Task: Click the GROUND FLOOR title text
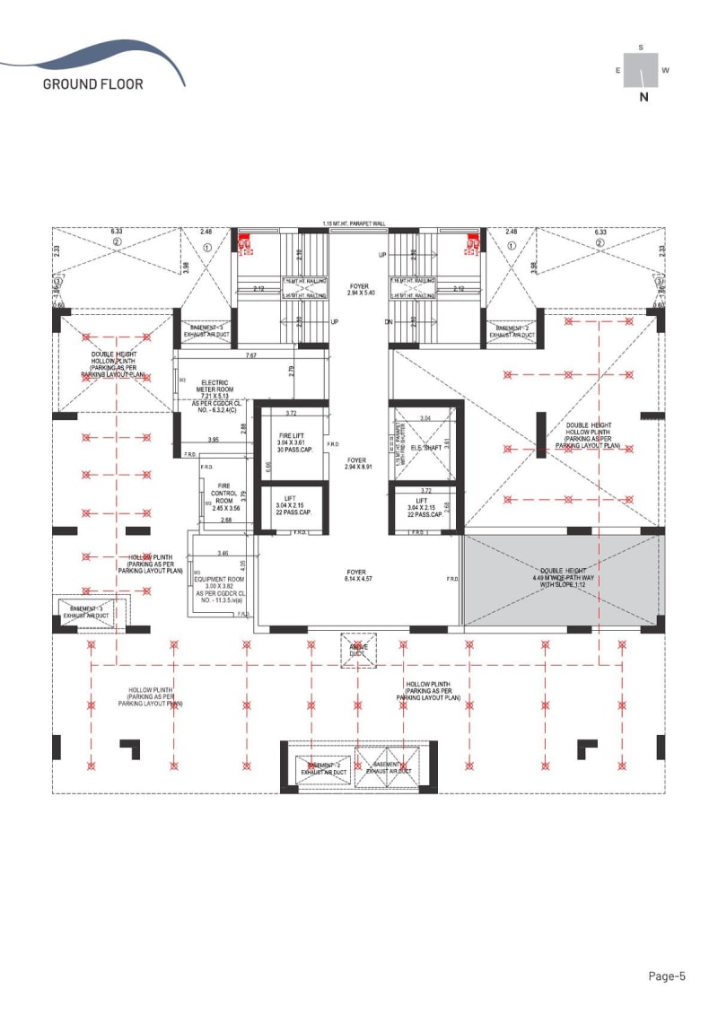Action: click(92, 84)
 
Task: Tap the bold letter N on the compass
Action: click(644, 99)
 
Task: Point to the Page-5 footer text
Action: click(667, 976)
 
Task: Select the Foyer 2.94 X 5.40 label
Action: click(359, 290)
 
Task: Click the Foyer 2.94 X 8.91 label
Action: click(358, 463)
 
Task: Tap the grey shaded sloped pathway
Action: click(562, 579)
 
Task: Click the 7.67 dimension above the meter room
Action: click(251, 355)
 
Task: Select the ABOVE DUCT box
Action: click(358, 650)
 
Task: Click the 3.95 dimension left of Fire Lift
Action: click(214, 440)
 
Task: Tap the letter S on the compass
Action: click(641, 47)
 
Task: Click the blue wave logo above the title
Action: click(99, 56)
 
